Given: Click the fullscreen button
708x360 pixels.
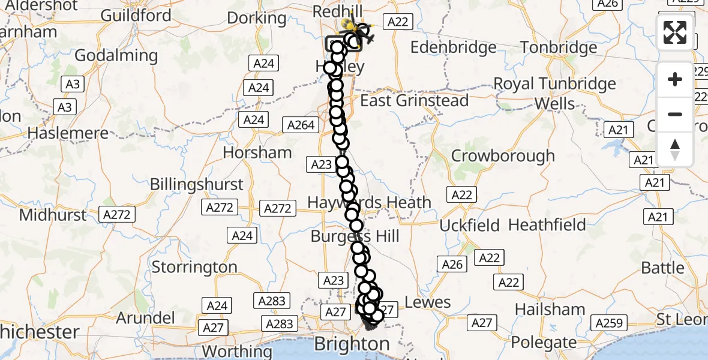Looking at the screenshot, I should pos(675,32).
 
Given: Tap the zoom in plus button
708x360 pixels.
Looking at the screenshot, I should pos(675,79).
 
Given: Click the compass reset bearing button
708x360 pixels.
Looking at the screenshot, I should pos(675,149).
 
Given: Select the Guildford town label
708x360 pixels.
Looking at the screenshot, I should pos(136,15).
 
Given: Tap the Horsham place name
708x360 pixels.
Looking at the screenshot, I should pos(257,152).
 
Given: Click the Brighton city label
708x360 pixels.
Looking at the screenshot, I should pos(351,344).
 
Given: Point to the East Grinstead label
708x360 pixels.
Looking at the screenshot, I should pos(414,100).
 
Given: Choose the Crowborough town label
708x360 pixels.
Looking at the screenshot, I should pos(503,156).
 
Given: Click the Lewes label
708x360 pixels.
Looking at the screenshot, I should pos(428,302).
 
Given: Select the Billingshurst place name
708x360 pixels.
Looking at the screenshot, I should pos(197,184).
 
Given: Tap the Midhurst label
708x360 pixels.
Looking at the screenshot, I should pos(53,214).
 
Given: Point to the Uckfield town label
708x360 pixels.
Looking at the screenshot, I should pos(470,226).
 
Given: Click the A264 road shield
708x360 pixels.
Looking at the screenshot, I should pos(301,125).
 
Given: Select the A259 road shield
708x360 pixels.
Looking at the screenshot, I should pos(608,323).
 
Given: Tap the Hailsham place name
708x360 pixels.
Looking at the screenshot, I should pos(550,310).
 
